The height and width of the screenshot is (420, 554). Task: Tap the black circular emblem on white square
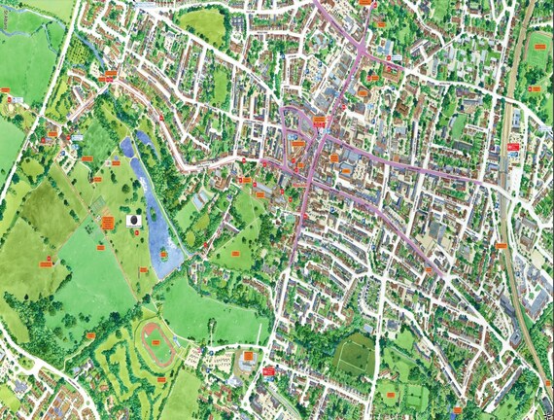[x=132, y=222]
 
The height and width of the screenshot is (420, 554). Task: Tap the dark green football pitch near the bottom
[x=356, y=354]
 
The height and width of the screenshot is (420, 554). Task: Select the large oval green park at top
[x=202, y=25]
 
